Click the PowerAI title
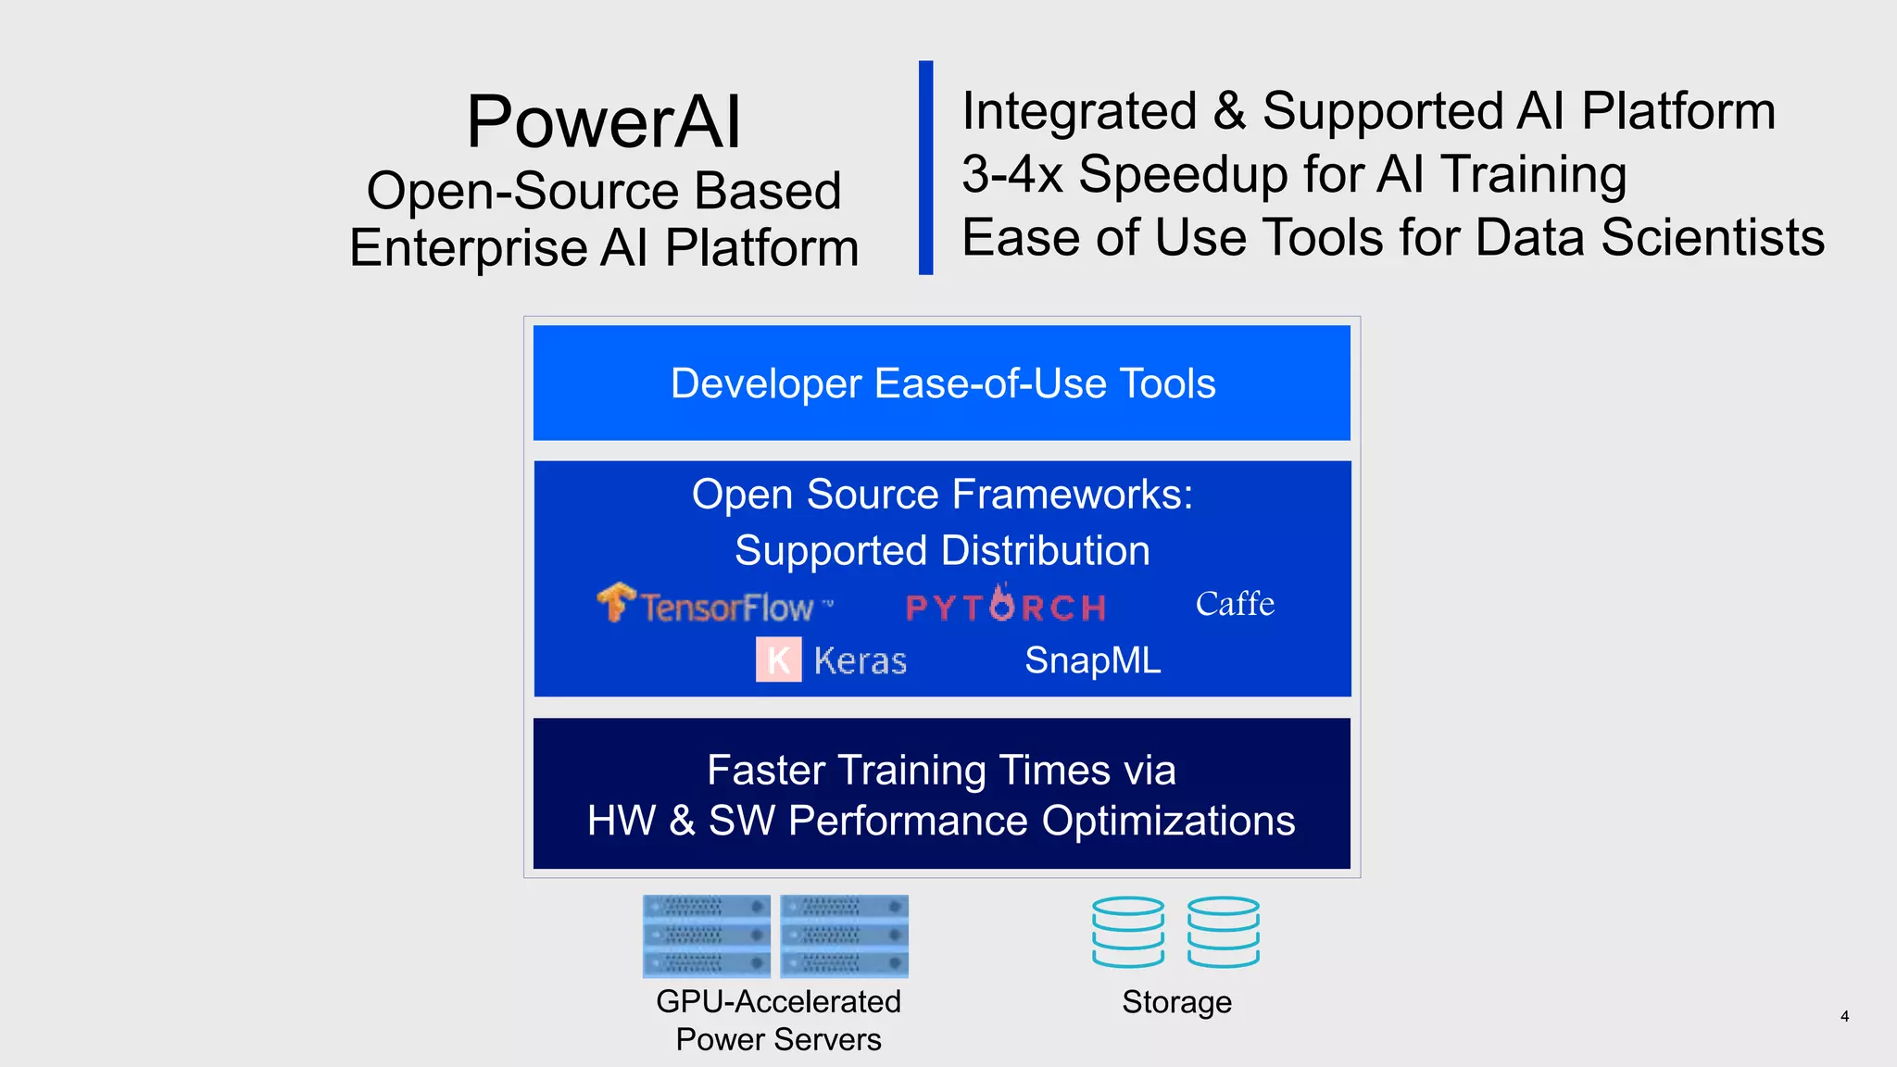[604, 121]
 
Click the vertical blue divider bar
[925, 168]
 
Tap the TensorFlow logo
[714, 605]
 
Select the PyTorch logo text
[1005, 606]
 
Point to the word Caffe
[1234, 604]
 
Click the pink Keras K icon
[778, 659]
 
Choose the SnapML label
[1092, 660]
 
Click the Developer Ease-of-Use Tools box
[942, 383]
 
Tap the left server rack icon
[707, 935]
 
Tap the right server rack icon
[844, 935]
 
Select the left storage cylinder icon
[1127, 932]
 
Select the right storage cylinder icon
[1224, 932]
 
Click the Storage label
[1176, 1002]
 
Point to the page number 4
[1844, 1016]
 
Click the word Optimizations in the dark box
[1168, 821]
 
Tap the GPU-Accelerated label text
[778, 1001]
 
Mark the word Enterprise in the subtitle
[468, 248]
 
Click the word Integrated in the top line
[1079, 111]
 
